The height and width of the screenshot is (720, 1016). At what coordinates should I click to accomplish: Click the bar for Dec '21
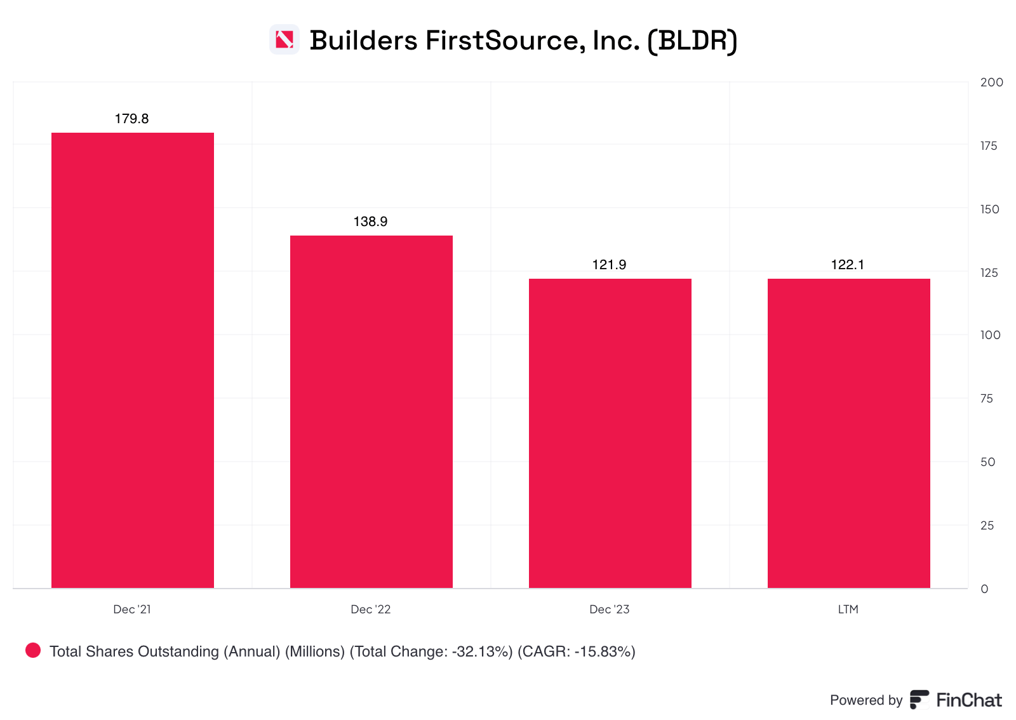(132, 360)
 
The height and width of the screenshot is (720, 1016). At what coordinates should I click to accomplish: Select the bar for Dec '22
(371, 411)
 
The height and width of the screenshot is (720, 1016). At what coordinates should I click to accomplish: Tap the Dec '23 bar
(610, 433)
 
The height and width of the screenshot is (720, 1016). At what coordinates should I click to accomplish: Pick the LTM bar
(848, 433)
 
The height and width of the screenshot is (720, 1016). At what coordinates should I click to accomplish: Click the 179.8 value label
(131, 119)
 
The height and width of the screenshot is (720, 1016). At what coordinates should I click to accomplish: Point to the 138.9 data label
(370, 222)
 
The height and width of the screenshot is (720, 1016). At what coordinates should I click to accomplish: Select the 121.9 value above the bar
(609, 265)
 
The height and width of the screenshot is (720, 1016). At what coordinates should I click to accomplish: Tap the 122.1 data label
(848, 265)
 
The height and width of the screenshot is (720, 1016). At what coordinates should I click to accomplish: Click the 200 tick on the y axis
(991, 82)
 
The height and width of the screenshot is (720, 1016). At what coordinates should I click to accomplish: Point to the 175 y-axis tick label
(989, 145)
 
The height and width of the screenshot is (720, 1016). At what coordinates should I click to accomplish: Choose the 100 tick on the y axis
(990, 335)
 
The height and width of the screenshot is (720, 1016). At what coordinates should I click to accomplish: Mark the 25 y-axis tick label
(987, 525)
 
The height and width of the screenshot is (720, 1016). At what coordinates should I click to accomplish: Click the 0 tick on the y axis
(984, 589)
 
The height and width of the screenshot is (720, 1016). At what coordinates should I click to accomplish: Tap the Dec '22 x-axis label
(370, 609)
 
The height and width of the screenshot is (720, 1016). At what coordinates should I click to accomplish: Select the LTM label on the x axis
(848, 609)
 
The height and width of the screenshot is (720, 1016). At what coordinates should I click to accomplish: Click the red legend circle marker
(33, 650)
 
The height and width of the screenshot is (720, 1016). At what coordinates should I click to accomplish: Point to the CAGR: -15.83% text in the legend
(577, 651)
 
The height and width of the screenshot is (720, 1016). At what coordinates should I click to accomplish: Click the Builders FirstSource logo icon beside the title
(284, 40)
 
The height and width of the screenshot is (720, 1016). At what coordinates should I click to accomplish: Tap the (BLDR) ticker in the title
(692, 41)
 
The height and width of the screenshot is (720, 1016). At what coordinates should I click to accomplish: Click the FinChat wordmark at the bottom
(969, 700)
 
